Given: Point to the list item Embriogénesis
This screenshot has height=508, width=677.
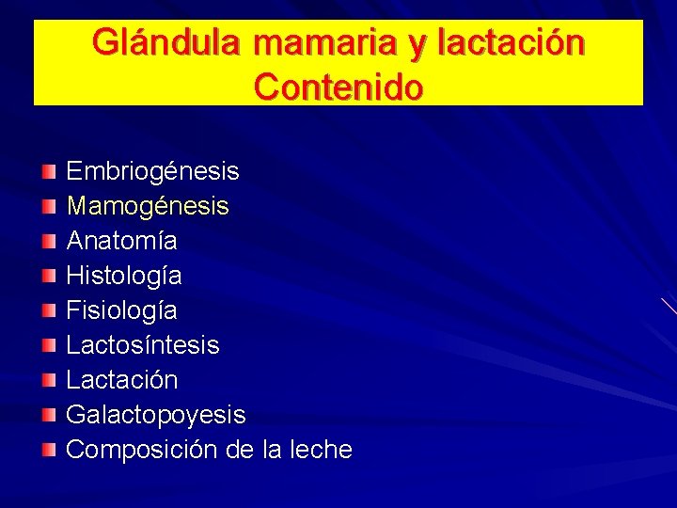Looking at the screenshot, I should (152, 171).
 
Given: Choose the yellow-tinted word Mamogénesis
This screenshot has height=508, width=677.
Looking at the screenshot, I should (148, 206).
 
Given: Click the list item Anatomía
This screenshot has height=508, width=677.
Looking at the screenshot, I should (121, 241).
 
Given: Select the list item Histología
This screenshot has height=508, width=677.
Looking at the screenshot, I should (124, 276).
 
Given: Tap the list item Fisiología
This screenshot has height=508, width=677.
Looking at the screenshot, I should (121, 310).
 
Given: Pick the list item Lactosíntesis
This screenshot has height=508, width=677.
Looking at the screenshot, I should (143, 345).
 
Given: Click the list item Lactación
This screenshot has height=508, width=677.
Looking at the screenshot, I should (121, 380).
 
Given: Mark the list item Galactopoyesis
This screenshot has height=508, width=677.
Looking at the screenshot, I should (155, 415).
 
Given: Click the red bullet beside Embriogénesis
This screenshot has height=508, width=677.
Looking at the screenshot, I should (49, 170).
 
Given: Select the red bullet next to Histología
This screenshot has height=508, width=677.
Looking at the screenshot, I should (49, 275).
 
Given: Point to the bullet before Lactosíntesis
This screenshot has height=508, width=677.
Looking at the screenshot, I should (49, 344).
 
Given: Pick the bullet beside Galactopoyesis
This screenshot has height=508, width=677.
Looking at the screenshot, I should (49, 414).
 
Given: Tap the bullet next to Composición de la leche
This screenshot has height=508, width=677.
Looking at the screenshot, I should (49, 449).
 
